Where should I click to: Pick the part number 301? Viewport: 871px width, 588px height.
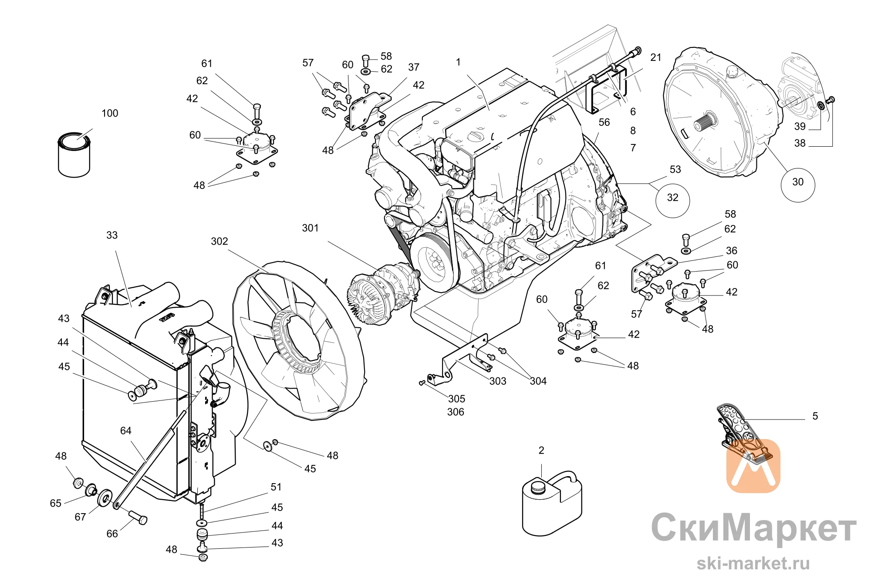click(x=311, y=228)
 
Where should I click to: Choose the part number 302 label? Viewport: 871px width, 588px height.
click(x=219, y=242)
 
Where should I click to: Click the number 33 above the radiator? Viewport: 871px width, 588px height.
click(x=112, y=235)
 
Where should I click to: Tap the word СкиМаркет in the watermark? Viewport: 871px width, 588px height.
click(x=754, y=528)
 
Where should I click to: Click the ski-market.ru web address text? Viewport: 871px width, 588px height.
click(x=753, y=563)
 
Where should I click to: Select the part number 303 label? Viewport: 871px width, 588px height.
click(x=498, y=381)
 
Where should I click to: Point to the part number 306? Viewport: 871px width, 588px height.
click(x=456, y=412)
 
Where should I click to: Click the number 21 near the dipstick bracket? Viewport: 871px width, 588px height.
click(x=656, y=57)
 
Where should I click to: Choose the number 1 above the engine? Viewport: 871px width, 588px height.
click(x=458, y=62)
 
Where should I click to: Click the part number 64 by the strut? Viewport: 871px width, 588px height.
click(x=125, y=431)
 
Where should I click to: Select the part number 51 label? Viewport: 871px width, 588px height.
click(x=276, y=487)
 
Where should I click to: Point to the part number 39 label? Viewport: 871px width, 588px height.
click(x=800, y=127)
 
